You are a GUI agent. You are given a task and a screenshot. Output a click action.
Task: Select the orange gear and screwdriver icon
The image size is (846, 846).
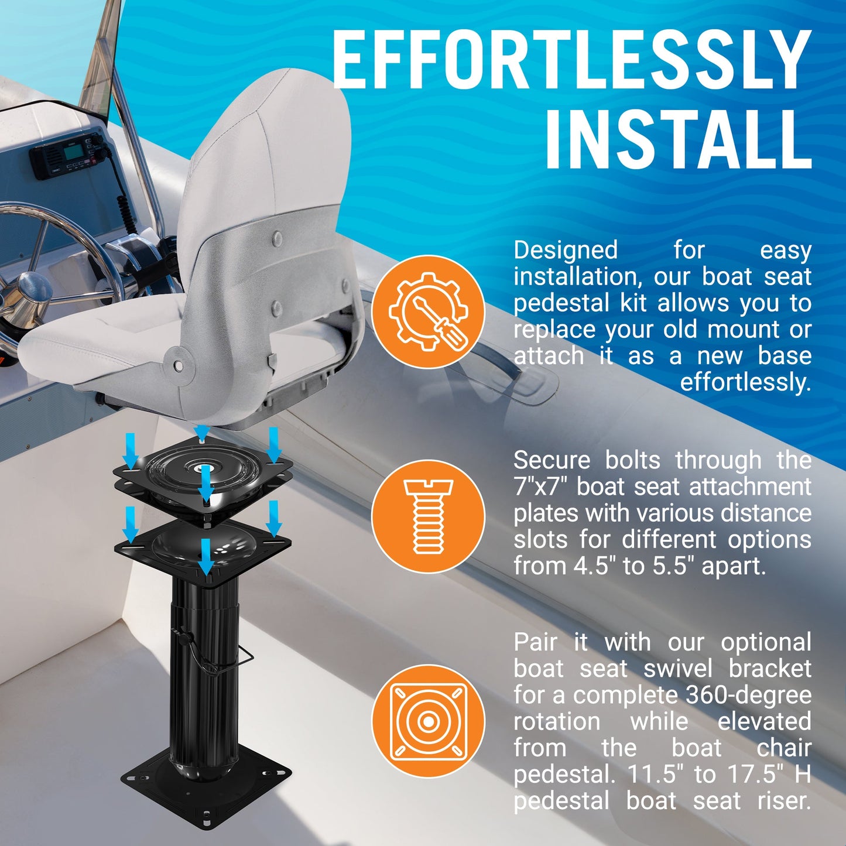[x=428, y=311]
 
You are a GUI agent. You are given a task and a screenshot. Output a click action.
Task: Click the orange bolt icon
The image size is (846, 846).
[x=428, y=516]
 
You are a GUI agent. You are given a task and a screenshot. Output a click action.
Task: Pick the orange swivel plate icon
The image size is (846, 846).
[x=428, y=721]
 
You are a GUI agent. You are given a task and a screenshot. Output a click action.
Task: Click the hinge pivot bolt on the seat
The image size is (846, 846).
[x=178, y=365]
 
